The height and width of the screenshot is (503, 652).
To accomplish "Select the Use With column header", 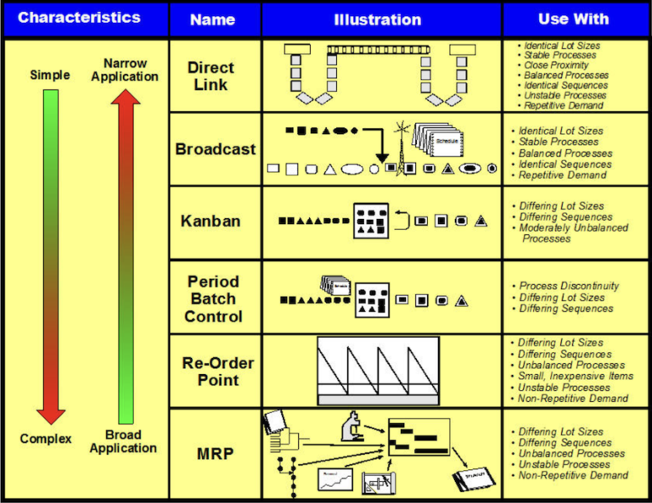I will [x=576, y=19].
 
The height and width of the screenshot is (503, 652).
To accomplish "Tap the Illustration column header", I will [x=377, y=19].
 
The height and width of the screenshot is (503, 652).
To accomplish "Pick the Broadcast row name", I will [x=215, y=149].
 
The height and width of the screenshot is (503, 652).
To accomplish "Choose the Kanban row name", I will [x=211, y=221].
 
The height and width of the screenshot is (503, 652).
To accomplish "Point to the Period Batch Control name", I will [x=213, y=299].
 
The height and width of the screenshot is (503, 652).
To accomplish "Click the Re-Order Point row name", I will [x=217, y=371].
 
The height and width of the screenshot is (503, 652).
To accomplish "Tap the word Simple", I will [x=50, y=75].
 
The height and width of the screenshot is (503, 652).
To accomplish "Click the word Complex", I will [x=46, y=439].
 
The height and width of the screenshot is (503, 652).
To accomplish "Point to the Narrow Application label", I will [x=125, y=70].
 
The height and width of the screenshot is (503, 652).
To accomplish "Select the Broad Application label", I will [x=123, y=441].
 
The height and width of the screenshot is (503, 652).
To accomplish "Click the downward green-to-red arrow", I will [x=51, y=254].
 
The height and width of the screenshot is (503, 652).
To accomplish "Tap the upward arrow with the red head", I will [x=126, y=254].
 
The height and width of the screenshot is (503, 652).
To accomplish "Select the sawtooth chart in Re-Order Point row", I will [x=378, y=371].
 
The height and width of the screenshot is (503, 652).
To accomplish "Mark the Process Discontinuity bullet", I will [x=569, y=287].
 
